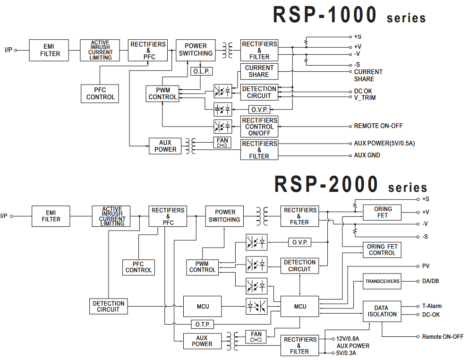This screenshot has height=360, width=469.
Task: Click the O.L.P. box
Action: coord(202,71)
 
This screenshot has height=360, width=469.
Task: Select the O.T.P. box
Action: coord(202,325)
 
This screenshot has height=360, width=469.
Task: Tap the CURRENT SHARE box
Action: coord(259,71)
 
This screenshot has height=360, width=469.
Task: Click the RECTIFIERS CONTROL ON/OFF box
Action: coord(259,127)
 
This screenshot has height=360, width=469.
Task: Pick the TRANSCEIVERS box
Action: coord(382,281)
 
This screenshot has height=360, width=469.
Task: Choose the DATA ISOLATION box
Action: coord(382,311)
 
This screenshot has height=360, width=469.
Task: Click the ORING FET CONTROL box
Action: coord(382,250)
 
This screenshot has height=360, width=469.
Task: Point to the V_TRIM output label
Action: coord(365,98)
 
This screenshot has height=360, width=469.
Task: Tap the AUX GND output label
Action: coord(367,155)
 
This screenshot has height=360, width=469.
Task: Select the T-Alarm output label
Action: coord(432,306)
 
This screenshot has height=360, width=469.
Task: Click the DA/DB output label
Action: coord(430,281)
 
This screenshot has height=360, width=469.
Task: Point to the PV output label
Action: coord(426,266)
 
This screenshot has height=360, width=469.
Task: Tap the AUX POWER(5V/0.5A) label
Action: coord(384,143)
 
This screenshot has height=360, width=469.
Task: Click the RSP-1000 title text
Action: coord(325,15)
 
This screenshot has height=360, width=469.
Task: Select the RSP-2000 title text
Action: coord(326,184)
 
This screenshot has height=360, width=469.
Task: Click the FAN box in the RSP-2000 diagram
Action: coord(256,337)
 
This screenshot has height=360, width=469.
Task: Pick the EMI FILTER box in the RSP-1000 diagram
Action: coord(49,51)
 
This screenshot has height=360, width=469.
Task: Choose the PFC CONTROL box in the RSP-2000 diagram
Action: coord(139,267)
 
